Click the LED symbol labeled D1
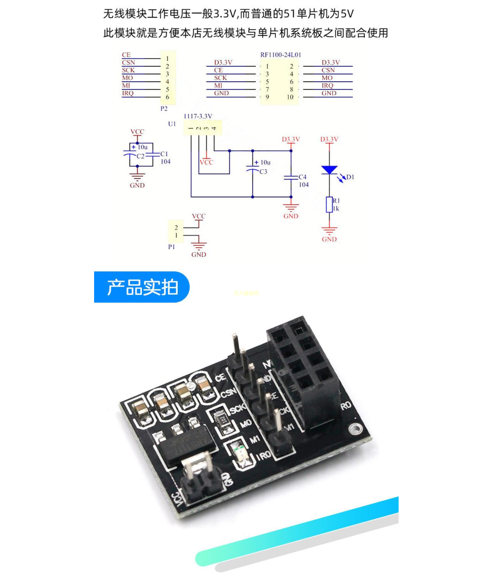pos(329,170)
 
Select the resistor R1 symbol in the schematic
pos(329,204)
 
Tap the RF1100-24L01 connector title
pos(281,55)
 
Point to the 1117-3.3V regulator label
pos(198,116)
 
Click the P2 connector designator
pos(164,109)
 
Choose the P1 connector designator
pos(172,247)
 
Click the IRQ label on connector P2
pos(128,93)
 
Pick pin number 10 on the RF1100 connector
pos(290,97)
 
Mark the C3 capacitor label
pos(263,172)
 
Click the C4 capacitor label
pos(302,177)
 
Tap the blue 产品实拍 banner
pos(142,287)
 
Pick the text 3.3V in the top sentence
pos(225,13)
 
